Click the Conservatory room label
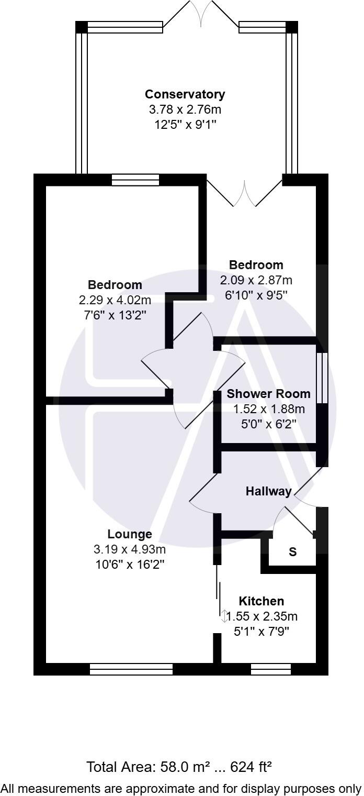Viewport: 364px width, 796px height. point(185,94)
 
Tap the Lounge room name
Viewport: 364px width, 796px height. point(130,534)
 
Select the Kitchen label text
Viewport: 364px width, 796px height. point(261,601)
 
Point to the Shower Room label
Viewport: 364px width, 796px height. point(268,394)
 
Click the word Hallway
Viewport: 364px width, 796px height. point(269,491)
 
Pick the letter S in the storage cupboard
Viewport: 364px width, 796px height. point(293,552)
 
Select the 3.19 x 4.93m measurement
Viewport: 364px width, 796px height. point(130,549)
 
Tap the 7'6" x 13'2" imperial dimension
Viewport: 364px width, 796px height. point(115,315)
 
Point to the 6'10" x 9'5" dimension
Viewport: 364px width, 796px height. point(256,295)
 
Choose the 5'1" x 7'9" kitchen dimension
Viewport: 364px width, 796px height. point(261,632)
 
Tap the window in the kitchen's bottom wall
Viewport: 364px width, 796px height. point(270,669)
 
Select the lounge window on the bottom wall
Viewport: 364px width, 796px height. point(131,669)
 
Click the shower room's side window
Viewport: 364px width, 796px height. point(322,378)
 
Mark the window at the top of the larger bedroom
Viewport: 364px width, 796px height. point(135,180)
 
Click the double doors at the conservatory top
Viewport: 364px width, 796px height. point(201,13)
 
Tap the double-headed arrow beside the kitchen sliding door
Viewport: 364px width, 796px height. point(224,616)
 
